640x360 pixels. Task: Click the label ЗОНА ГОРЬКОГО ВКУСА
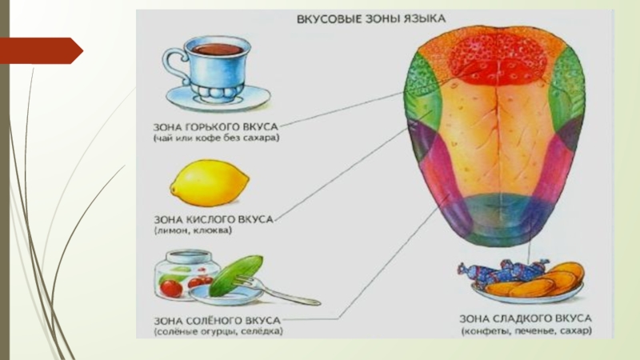[217, 126]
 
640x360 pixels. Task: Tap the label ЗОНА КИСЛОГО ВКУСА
[212, 218]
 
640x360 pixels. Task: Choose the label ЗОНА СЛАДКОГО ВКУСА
[525, 318]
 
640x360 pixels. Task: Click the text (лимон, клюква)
[193, 230]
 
